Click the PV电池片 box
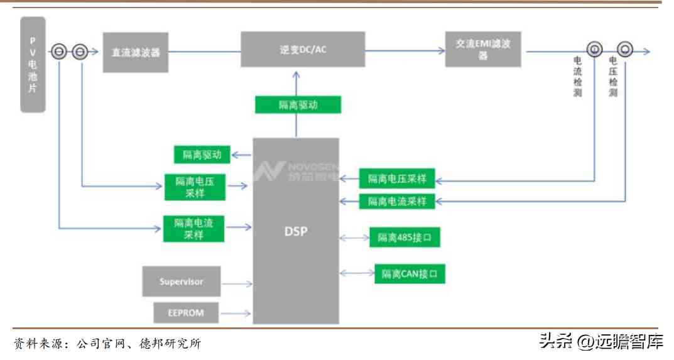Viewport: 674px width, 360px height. click(33, 65)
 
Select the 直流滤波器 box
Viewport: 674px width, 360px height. click(136, 52)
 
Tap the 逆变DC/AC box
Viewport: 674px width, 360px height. click(303, 50)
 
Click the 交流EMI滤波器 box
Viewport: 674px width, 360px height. click(483, 49)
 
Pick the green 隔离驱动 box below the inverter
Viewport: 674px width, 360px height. click(298, 105)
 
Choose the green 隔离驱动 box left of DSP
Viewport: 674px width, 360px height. click(202, 155)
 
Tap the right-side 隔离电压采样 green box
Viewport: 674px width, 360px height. click(396, 179)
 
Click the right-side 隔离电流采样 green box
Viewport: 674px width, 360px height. click(396, 202)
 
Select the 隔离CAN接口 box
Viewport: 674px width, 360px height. click(410, 274)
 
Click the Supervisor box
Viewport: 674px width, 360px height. click(182, 281)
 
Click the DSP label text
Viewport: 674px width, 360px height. click(296, 231)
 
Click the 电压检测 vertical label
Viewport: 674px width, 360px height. click(613, 77)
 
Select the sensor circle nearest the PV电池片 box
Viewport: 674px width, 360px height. click(58, 52)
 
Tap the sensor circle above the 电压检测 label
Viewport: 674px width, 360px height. click(625, 49)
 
